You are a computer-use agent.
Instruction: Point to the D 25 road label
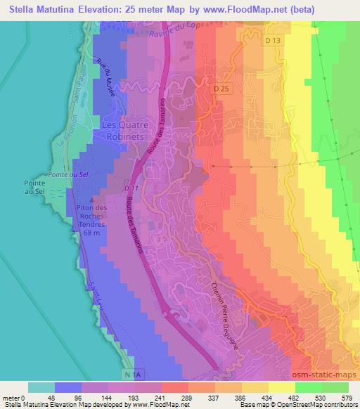[222, 89]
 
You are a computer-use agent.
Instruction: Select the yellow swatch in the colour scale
[282, 387]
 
